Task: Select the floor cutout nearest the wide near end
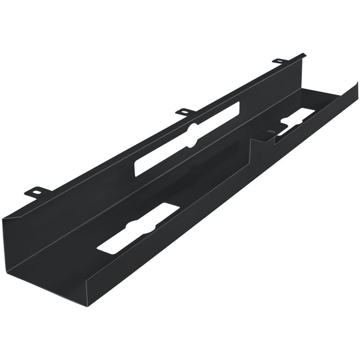pyautogui.click(x=135, y=229)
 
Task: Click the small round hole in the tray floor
pyautogui.click(x=270, y=133)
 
